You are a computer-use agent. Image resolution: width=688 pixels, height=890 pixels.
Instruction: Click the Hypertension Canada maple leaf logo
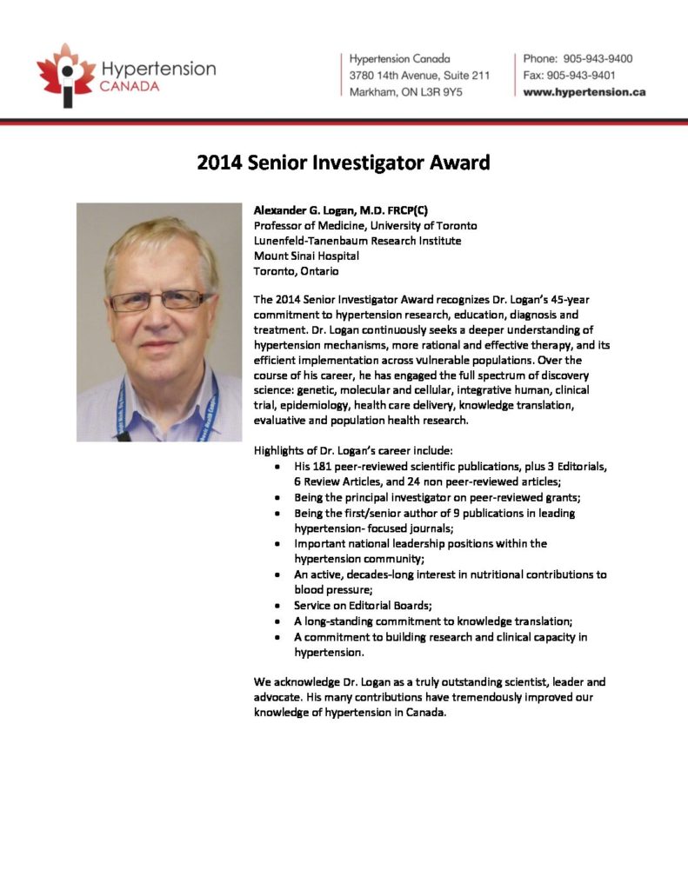[66, 75]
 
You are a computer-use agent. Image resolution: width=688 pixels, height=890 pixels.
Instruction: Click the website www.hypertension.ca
[584, 92]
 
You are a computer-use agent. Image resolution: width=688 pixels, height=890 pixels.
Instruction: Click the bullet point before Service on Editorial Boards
[276, 606]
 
